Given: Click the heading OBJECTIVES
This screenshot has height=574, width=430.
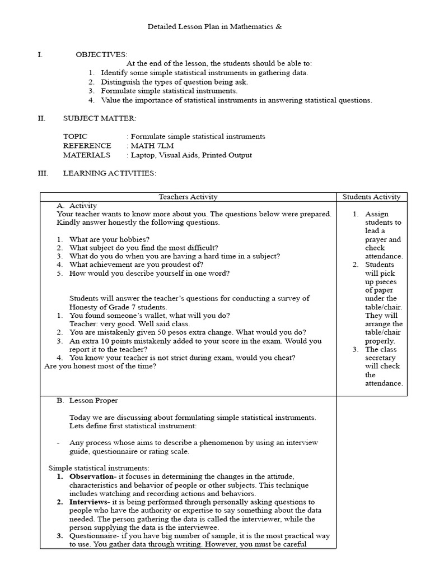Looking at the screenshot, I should click(x=101, y=54).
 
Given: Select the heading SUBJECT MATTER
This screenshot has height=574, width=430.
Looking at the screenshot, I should click(x=99, y=118).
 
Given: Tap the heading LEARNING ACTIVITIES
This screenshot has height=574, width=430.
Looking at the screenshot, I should click(x=109, y=173).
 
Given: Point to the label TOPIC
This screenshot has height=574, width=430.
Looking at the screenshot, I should click(x=75, y=137).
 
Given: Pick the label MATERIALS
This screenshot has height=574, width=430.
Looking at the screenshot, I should click(x=86, y=155).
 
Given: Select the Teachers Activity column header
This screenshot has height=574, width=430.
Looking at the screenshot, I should click(x=188, y=197).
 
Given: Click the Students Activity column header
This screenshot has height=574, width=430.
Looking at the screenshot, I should click(x=371, y=197).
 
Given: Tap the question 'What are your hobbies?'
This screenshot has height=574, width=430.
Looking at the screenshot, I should click(x=109, y=239).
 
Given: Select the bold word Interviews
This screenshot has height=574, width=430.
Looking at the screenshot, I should click(x=89, y=502).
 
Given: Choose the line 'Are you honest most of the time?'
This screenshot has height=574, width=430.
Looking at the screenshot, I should click(x=100, y=366).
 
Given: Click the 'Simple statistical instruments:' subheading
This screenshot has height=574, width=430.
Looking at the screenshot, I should click(x=99, y=467).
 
